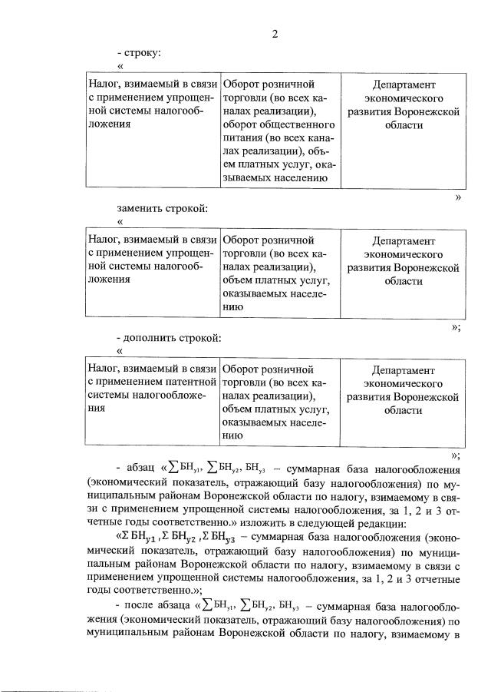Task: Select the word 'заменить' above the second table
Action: point(138,208)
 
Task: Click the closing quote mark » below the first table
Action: point(458,197)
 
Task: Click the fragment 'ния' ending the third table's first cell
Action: point(97,409)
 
